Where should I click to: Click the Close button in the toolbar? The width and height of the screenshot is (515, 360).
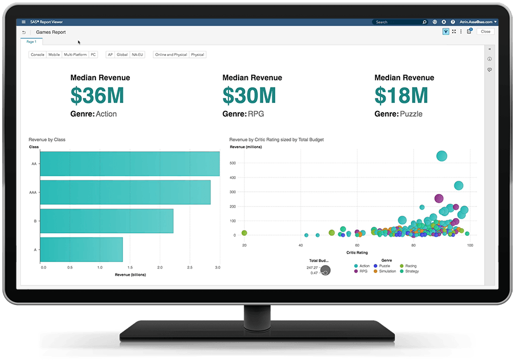click(x=486, y=31)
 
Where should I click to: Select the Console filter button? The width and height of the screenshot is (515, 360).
click(x=38, y=55)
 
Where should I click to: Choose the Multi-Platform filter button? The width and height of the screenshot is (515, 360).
click(x=76, y=55)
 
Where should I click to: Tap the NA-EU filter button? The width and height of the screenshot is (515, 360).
click(x=137, y=55)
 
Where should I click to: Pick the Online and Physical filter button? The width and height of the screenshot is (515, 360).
click(x=171, y=55)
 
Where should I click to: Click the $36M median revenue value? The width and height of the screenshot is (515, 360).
click(x=98, y=94)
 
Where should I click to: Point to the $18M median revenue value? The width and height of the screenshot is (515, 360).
click(x=401, y=94)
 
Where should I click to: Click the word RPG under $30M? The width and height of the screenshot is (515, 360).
click(x=256, y=114)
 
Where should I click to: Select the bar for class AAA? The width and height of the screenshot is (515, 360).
click(x=125, y=192)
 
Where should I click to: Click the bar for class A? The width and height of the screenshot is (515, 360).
click(x=82, y=250)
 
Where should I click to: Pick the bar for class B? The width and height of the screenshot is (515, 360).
click(x=107, y=221)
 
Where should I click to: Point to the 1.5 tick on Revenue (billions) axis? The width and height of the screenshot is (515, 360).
click(x=130, y=267)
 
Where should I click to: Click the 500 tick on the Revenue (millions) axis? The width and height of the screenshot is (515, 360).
click(x=232, y=163)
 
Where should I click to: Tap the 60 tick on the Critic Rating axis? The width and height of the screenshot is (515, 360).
click(x=357, y=246)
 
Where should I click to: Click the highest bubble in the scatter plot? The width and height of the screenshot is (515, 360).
click(x=441, y=156)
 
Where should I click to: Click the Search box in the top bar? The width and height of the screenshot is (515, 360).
click(x=398, y=22)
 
